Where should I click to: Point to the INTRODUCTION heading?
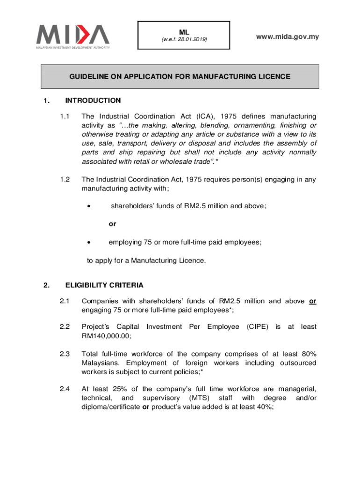point(93,101)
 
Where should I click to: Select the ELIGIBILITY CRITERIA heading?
point(104,285)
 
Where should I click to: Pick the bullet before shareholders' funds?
point(89,205)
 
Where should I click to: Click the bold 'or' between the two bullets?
point(112,224)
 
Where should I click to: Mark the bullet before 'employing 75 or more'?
point(89,242)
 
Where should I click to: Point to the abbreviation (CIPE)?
point(257,327)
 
